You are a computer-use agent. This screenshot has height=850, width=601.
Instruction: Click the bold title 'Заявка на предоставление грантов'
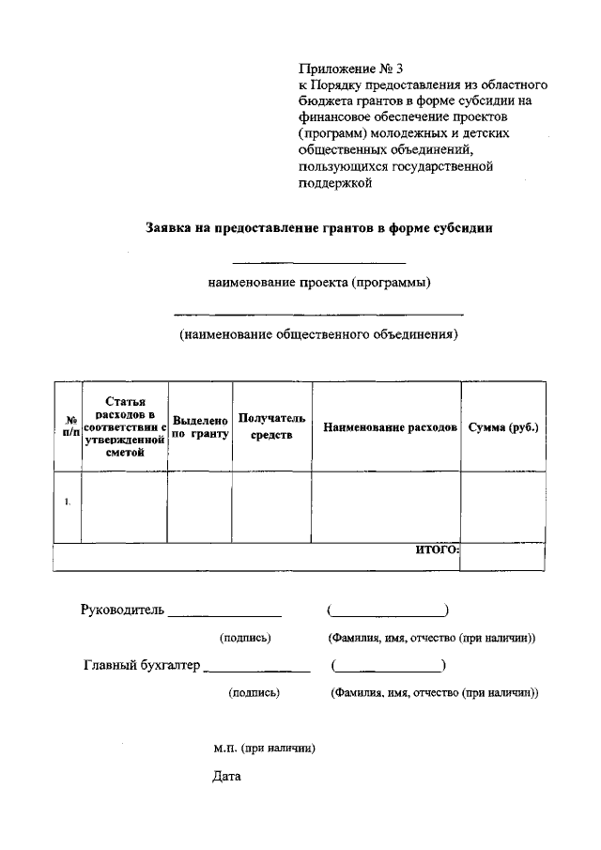(x=319, y=227)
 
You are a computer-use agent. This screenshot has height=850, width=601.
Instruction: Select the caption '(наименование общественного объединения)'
(x=319, y=333)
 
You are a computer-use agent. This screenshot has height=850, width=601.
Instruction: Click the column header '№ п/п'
(x=68, y=426)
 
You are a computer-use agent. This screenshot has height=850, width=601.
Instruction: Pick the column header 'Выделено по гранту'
(x=200, y=427)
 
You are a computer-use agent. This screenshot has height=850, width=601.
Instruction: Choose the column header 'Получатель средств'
(x=271, y=426)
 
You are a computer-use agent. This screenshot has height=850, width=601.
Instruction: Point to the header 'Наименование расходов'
(x=390, y=427)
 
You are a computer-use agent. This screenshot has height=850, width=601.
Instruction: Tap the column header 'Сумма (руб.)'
(x=502, y=427)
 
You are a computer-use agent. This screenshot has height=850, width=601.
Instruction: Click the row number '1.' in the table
(x=68, y=502)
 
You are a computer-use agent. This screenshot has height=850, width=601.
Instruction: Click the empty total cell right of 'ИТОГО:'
(x=502, y=557)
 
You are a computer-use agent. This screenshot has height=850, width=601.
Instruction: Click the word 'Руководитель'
(x=122, y=610)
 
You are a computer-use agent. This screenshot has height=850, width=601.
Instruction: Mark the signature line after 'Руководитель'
(x=224, y=615)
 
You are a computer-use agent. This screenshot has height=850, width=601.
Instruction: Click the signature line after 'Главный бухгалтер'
(x=256, y=671)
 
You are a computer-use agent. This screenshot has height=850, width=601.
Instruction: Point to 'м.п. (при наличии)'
(x=263, y=749)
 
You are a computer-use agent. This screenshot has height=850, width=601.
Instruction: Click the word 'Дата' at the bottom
(x=227, y=777)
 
